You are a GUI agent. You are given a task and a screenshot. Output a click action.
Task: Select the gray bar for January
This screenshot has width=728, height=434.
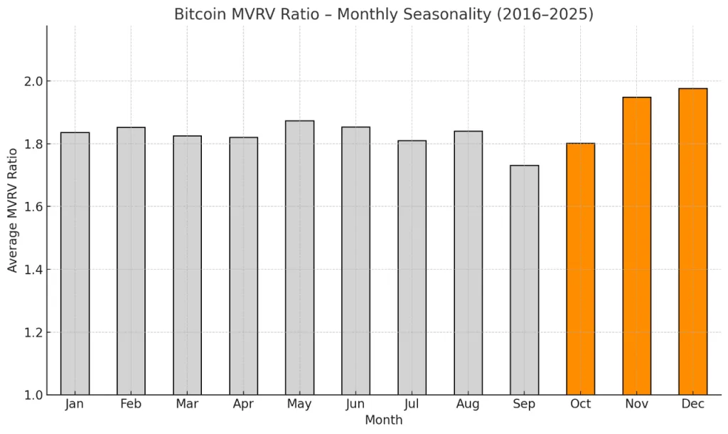75,263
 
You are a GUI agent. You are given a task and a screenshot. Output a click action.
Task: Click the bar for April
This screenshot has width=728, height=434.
243,266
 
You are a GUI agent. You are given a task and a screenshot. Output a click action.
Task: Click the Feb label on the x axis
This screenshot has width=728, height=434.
131,404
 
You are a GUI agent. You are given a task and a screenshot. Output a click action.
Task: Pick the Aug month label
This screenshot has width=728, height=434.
469,404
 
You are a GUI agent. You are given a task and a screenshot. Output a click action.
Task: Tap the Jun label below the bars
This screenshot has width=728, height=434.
355,404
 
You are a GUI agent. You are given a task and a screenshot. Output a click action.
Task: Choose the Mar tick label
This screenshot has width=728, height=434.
187,404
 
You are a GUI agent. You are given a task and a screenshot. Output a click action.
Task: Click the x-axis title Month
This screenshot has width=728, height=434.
383,420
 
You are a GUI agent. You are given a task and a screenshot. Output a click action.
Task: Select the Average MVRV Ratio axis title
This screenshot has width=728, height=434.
13,211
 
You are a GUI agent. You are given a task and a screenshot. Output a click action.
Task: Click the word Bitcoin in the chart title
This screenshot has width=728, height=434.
201,14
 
